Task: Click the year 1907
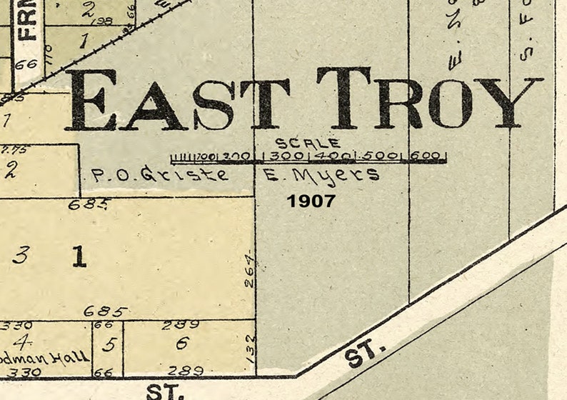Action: (x=311, y=201)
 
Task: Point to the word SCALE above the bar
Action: (x=308, y=144)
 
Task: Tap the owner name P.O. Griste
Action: (x=161, y=174)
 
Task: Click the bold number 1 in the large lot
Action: (x=79, y=256)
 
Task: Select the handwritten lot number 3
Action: (x=21, y=256)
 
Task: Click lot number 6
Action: (x=182, y=344)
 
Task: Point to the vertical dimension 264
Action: (x=249, y=268)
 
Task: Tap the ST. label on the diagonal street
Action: (x=366, y=354)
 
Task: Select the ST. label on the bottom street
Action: (x=166, y=391)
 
